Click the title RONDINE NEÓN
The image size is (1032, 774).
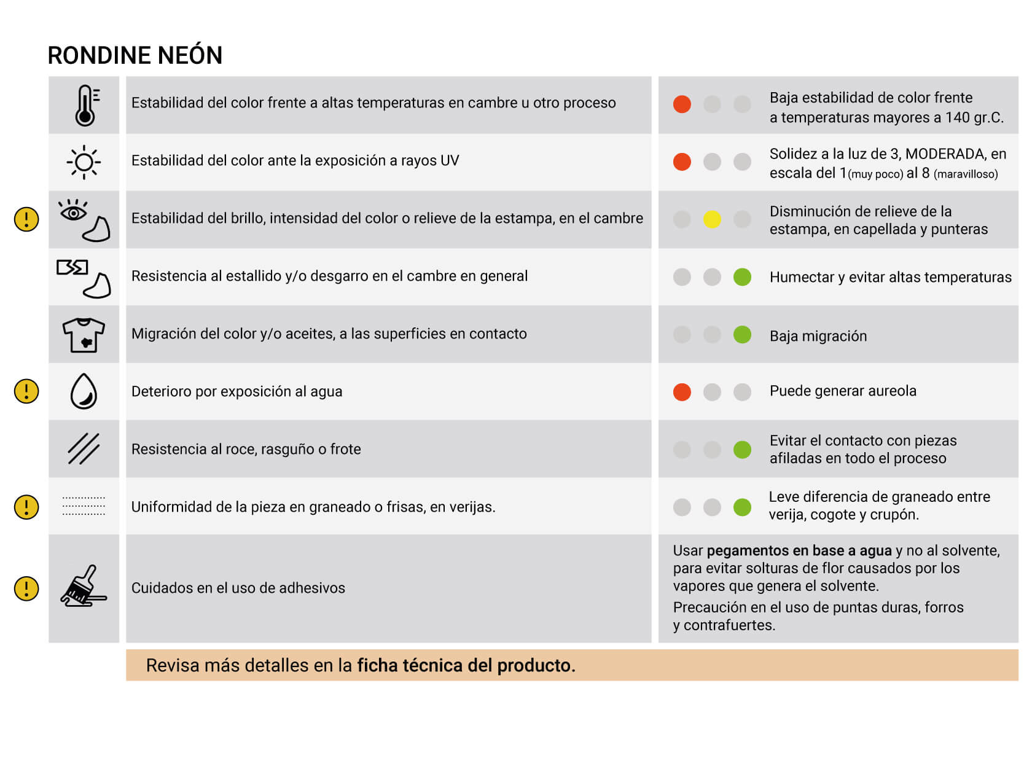(x=135, y=55)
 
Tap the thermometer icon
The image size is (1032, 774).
(x=85, y=105)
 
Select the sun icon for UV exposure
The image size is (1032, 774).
(x=84, y=162)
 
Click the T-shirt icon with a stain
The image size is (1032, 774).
(x=84, y=335)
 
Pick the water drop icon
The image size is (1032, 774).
(x=84, y=391)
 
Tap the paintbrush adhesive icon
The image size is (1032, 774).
(x=84, y=587)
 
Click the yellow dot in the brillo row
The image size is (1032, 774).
(x=712, y=219)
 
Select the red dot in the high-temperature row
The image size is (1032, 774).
(x=682, y=104)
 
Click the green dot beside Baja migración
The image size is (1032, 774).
(x=742, y=335)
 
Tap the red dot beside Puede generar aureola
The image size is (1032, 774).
(x=682, y=392)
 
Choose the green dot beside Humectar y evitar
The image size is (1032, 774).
(x=742, y=277)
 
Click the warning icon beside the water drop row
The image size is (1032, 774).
(x=26, y=391)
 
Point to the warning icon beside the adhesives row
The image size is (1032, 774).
(x=26, y=588)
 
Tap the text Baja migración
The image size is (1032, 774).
(x=818, y=336)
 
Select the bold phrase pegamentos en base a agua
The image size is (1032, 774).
(x=799, y=550)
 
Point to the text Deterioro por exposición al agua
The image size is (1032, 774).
(x=237, y=391)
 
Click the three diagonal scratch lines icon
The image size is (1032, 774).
(x=84, y=448)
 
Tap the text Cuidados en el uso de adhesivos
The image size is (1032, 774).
(x=238, y=588)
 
